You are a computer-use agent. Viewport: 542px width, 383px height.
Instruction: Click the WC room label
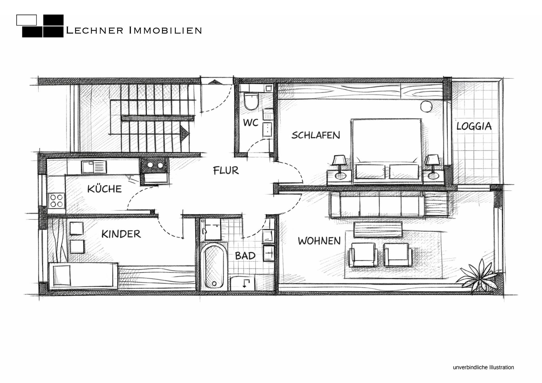click(x=251, y=123)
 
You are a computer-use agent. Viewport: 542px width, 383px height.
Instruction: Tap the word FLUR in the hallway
click(x=226, y=170)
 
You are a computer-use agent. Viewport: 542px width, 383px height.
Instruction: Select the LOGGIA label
click(x=474, y=126)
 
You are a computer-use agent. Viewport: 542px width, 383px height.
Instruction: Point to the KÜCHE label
click(x=104, y=189)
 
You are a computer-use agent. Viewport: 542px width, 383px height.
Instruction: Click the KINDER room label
click(x=121, y=234)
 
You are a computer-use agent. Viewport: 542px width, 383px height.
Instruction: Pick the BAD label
click(x=245, y=256)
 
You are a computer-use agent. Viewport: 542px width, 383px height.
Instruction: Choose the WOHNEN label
click(x=319, y=241)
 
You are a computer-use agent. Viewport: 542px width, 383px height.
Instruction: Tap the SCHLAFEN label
click(x=316, y=135)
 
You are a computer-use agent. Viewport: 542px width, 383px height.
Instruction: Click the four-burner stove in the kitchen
click(x=56, y=200)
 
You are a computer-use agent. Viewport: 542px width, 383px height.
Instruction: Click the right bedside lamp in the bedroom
click(x=432, y=167)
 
